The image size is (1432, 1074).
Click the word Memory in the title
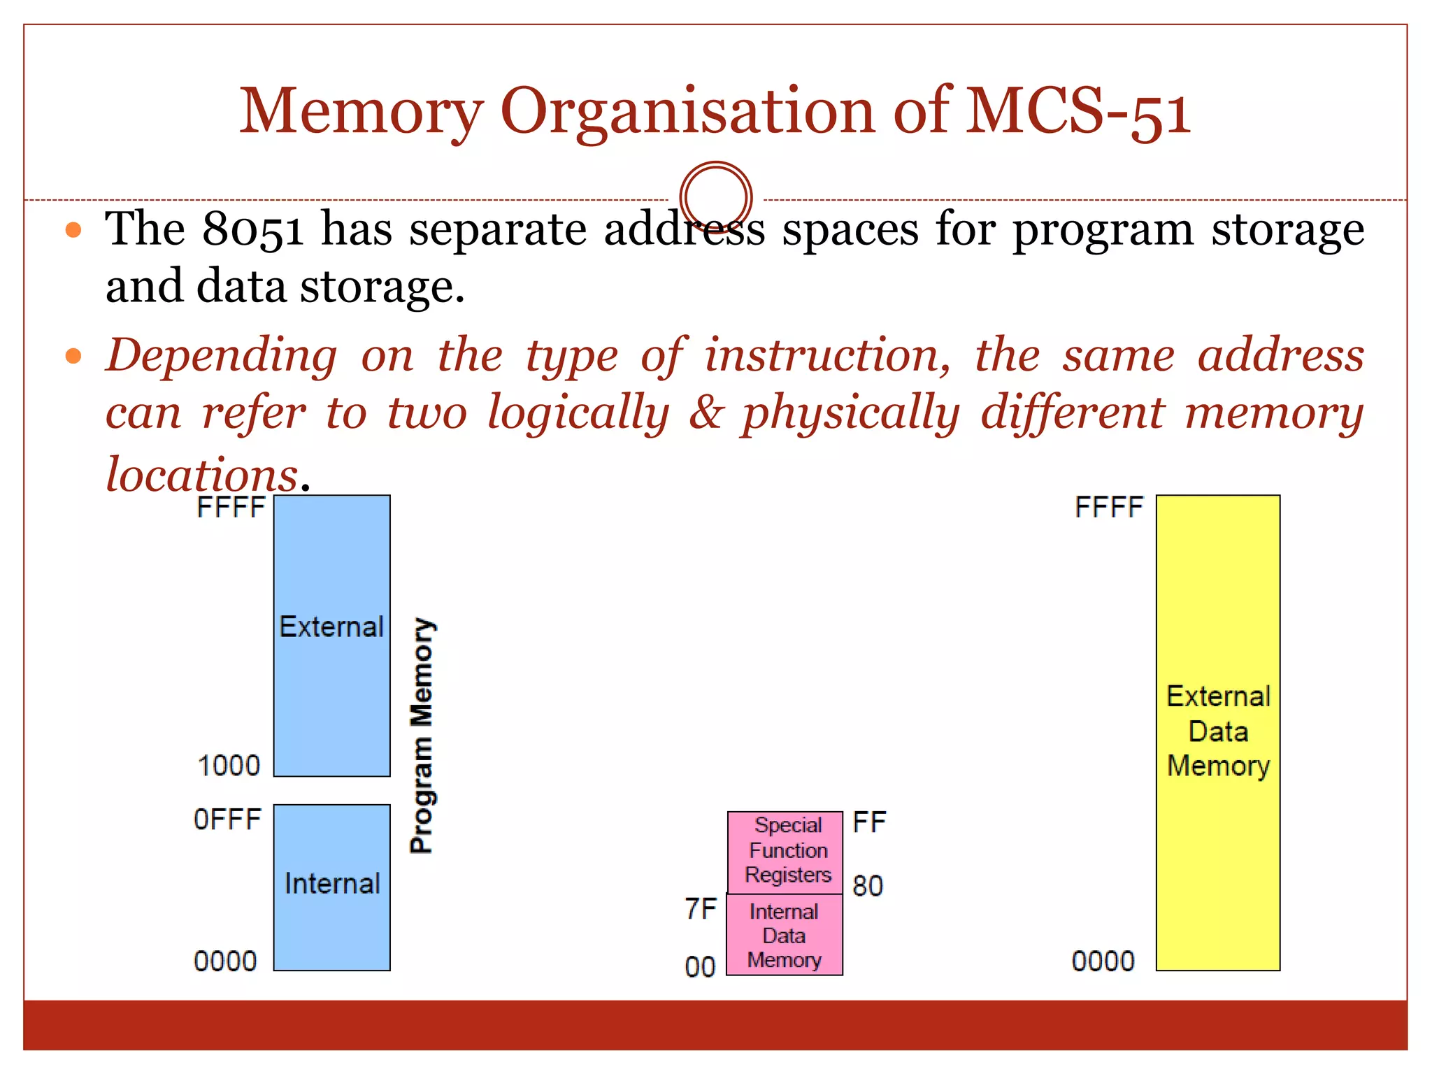[361, 112]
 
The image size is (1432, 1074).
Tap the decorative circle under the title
[715, 198]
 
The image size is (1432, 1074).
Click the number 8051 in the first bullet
[252, 229]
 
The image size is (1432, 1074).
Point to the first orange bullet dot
[73, 229]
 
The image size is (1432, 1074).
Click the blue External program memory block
[331, 635]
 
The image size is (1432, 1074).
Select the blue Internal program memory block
[331, 887]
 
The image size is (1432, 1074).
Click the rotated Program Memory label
[422, 736]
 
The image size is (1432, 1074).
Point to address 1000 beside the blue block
[229, 766]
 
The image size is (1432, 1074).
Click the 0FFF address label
[227, 819]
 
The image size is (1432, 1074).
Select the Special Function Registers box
[785, 852]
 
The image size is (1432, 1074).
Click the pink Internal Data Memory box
[785, 935]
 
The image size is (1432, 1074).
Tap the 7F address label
[701, 909]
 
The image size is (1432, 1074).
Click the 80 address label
[868, 887]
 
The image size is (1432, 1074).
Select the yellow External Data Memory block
[1218, 732]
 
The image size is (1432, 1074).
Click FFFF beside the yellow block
[1109, 508]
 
